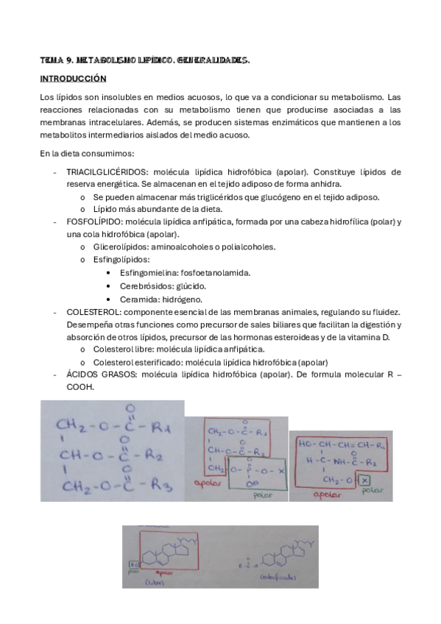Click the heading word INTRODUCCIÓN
tap(73, 77)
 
